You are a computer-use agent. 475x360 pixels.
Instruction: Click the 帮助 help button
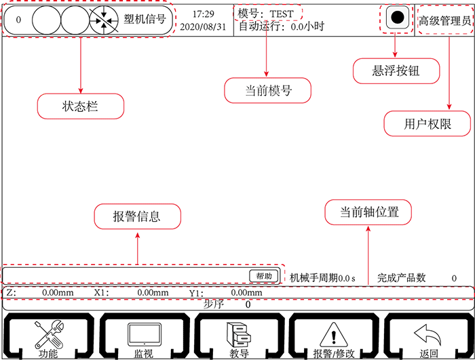tap(264, 276)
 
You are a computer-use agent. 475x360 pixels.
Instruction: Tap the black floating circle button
tap(398, 18)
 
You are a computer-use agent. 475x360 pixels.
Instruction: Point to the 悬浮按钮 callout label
tap(397, 71)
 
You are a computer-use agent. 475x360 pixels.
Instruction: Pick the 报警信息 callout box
tap(137, 216)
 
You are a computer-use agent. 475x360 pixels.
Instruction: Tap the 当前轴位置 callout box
tap(368, 212)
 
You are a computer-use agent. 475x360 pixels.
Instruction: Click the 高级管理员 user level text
tap(444, 20)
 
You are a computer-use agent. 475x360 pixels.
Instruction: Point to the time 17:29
tap(204, 13)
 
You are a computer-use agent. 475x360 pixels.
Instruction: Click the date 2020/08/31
tap(204, 27)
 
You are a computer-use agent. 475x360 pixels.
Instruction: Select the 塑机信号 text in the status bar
tap(145, 20)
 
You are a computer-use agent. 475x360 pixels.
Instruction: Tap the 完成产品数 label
tap(402, 277)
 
